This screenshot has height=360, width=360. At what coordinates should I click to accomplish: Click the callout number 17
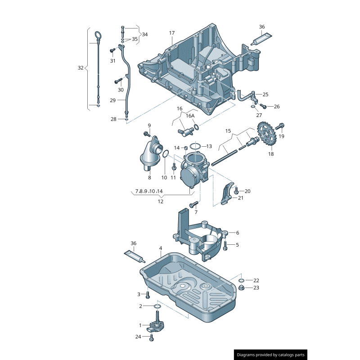tap(172, 33)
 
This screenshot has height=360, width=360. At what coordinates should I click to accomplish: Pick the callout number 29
tap(113, 100)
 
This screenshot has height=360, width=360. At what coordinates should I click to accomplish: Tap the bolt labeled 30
tap(118, 81)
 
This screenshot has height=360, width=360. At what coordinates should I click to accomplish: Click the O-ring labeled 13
tap(195, 146)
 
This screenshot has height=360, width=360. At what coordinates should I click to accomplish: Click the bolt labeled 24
tap(152, 337)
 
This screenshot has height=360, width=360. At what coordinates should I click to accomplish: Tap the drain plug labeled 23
tap(241, 288)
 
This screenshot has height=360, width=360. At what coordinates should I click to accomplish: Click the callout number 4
tap(160, 248)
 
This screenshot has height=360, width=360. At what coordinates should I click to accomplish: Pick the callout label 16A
tap(190, 116)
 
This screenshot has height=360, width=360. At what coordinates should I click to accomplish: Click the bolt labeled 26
tap(264, 107)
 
